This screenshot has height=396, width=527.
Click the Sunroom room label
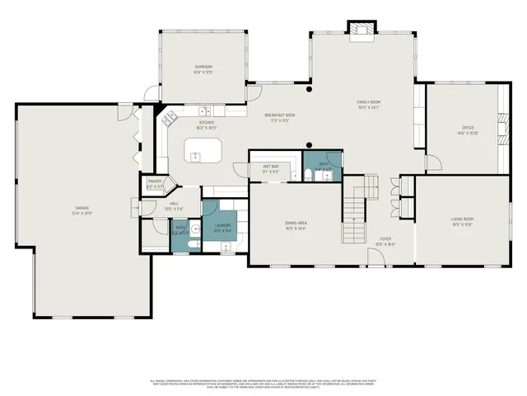coord(203,68)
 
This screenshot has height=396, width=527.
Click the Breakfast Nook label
coord(280,116)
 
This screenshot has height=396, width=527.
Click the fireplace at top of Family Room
coord(360,31)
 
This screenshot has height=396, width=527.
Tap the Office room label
coord(468,130)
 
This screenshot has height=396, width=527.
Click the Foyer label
coord(385,242)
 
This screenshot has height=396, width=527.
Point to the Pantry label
coord(154,182)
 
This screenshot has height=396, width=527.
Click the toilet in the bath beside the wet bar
coord(308,174)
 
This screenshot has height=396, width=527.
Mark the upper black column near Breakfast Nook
coord(309,88)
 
